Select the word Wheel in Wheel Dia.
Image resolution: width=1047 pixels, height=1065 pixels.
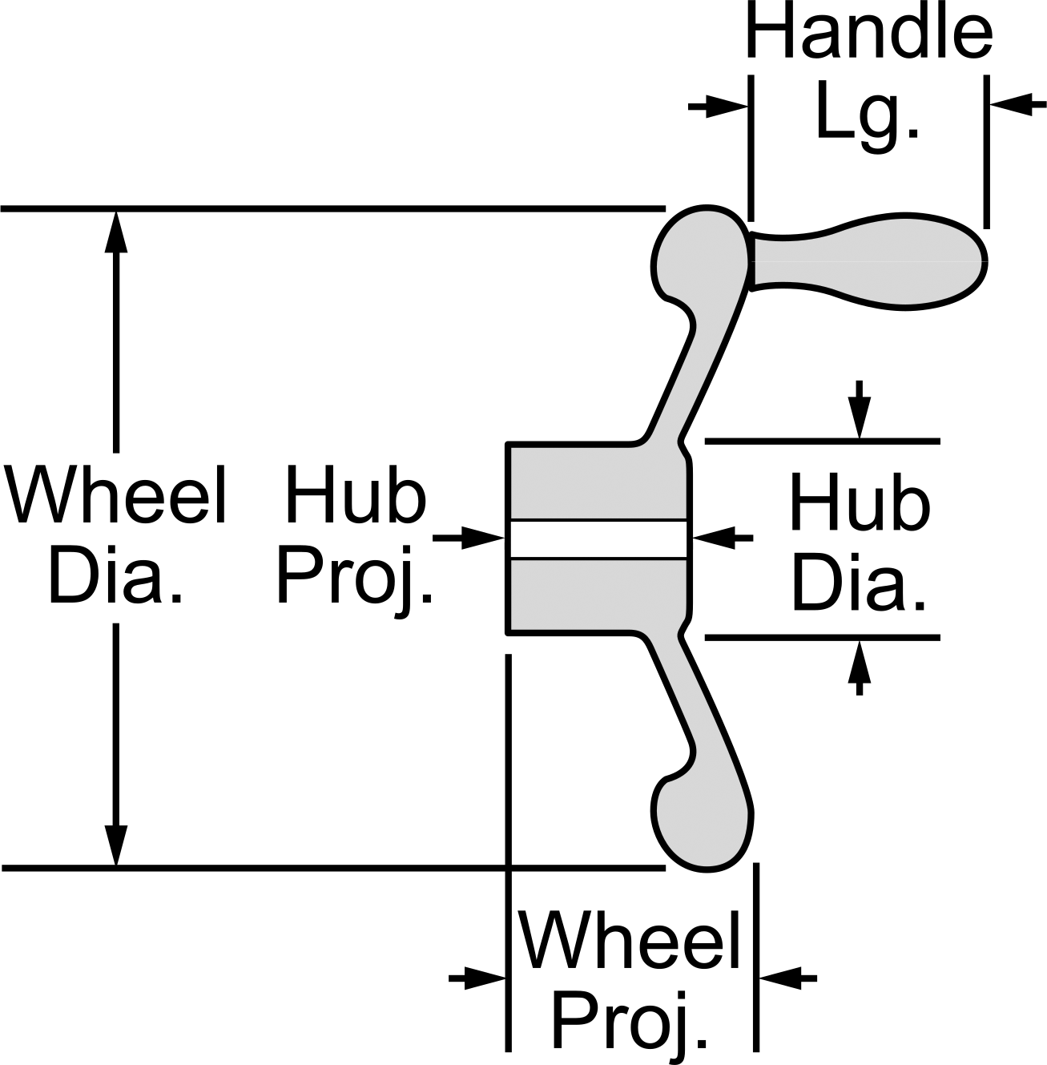(x=117, y=495)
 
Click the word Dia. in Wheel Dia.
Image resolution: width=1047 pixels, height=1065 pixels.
(x=115, y=574)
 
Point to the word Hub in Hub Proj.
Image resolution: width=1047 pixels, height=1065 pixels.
(x=355, y=495)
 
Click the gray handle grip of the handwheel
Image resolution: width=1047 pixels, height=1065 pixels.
(x=868, y=260)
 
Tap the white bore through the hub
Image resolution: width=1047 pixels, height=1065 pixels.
(x=598, y=540)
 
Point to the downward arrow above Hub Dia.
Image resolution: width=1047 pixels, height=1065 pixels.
(x=859, y=409)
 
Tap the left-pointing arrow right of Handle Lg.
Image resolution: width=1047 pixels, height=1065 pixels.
(x=1017, y=104)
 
